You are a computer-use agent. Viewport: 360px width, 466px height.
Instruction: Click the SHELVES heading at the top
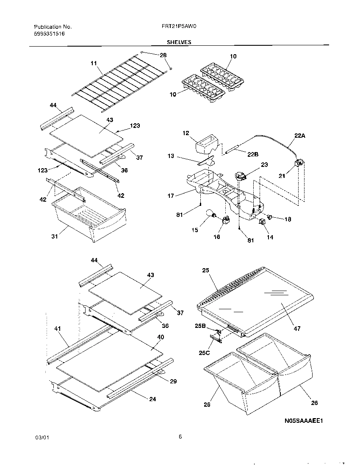(179, 42)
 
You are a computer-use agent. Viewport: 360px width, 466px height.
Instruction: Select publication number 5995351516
(49, 33)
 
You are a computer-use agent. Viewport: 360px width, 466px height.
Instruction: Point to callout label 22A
(299, 136)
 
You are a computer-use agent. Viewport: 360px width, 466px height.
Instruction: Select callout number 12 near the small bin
(186, 133)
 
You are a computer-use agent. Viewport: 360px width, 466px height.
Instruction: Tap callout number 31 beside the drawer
(55, 236)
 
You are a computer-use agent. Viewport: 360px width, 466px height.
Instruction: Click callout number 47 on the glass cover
(297, 328)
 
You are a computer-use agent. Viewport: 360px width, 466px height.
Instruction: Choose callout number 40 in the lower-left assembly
(161, 337)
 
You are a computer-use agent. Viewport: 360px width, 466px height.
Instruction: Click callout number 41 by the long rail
(58, 328)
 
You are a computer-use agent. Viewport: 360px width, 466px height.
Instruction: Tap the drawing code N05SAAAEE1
(304, 421)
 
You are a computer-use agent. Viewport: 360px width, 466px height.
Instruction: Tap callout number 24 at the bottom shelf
(152, 399)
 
